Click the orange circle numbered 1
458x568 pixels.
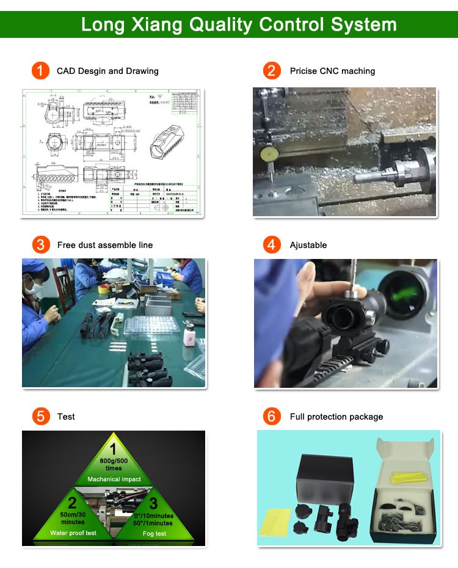click(40, 71)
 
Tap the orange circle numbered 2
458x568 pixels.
click(272, 71)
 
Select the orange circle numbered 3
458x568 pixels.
click(40, 245)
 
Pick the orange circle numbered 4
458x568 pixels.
click(272, 245)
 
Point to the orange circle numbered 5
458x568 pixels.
click(40, 417)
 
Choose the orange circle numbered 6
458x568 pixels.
click(272, 417)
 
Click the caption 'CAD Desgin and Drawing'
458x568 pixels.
click(107, 71)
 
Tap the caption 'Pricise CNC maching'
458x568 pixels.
click(332, 71)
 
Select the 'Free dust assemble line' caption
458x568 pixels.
click(105, 246)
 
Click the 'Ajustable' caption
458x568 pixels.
click(308, 246)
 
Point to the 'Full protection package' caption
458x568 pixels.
click(336, 417)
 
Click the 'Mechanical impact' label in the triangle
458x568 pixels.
click(114, 479)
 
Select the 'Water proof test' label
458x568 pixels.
click(73, 533)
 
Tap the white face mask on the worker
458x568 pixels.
click(36, 287)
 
